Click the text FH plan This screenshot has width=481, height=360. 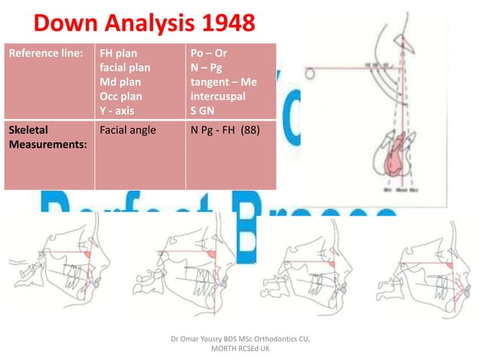point(118,54)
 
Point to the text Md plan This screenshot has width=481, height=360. point(121,82)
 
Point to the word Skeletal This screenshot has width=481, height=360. point(29,130)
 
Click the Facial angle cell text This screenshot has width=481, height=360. point(127,130)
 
